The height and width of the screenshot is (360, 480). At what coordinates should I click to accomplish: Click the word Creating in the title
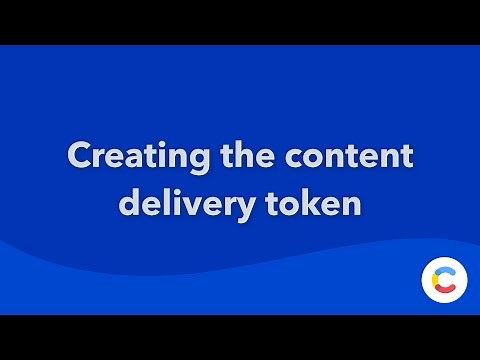coord(127,158)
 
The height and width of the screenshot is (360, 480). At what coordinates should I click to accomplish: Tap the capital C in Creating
coord(77,158)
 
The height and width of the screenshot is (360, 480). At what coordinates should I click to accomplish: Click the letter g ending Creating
coord(179,162)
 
